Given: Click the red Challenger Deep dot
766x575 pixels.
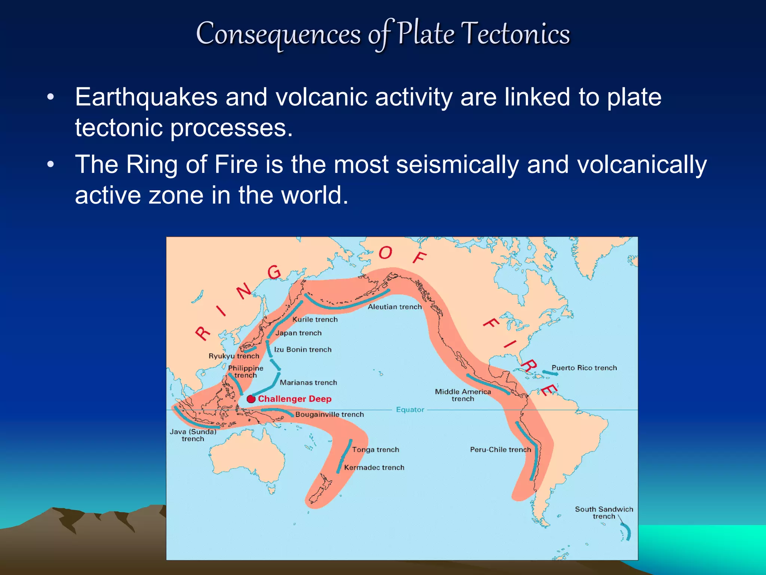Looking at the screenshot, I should coord(251,399).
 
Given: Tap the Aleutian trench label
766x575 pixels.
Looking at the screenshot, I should coord(395,307).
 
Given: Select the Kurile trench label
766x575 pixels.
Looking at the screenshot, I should coord(315,319).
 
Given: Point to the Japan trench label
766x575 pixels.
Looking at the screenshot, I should coord(298,333).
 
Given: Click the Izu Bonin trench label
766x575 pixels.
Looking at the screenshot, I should coord(303,350).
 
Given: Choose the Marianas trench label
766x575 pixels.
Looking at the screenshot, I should coord(308,383).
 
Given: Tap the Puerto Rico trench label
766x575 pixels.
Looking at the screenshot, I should coord(584,368).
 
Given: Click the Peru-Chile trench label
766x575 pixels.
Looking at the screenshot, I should coord(500,450).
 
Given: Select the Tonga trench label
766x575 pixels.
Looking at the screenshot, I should coord(376,450).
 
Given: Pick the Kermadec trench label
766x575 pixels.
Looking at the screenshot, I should coord(374,468).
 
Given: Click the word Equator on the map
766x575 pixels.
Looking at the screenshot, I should coord(410,410).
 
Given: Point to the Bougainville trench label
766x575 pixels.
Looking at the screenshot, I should coord(330,414).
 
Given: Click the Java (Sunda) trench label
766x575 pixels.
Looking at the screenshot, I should coord(193,435).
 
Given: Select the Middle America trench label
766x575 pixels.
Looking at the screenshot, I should coord(463,395).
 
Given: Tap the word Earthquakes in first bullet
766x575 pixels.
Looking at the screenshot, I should coord(146,97).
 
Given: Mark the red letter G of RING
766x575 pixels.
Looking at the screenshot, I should coord(275,272).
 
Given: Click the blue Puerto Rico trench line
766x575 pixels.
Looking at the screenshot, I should coord(550,373).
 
